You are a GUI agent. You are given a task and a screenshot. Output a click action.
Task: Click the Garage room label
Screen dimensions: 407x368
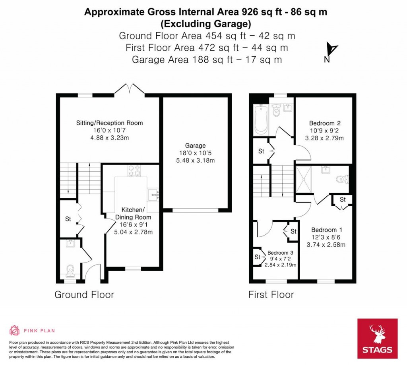(x=195, y=146)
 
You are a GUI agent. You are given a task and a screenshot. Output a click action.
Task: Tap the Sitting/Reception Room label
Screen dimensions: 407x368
(x=109, y=123)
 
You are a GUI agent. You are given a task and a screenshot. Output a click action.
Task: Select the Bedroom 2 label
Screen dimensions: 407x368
(x=325, y=123)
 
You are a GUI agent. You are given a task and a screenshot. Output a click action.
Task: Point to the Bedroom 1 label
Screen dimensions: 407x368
(x=327, y=230)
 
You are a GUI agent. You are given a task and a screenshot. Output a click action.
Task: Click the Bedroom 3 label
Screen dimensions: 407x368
(x=280, y=253)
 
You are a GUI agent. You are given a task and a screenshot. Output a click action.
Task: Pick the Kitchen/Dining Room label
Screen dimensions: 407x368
(x=133, y=213)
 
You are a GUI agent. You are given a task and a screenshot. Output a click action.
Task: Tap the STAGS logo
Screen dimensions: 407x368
(x=378, y=339)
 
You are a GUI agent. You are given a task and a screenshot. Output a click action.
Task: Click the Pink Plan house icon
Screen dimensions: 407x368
(x=15, y=330)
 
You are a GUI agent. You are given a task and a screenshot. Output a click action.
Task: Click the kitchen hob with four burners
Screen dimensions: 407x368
(x=134, y=171)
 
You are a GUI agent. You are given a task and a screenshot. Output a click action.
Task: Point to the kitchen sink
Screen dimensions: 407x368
(x=153, y=195)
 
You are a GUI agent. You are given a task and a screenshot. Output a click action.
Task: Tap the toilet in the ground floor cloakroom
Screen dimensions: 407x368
(x=70, y=270)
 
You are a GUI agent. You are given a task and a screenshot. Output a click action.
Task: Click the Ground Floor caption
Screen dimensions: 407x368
(x=84, y=295)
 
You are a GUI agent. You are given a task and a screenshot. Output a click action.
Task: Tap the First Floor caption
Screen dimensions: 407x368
(x=271, y=295)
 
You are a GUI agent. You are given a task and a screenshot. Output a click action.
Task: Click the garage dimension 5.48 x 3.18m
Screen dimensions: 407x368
(x=196, y=160)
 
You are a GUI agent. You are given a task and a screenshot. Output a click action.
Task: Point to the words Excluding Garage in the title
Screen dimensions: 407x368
(x=206, y=24)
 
